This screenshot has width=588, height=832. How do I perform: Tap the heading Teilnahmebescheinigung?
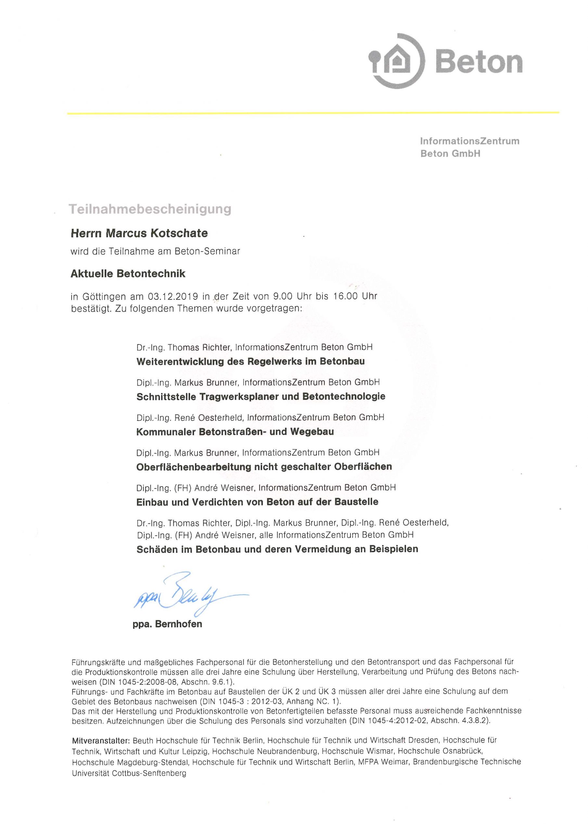click(x=150, y=209)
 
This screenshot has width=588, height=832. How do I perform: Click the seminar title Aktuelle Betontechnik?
click(x=128, y=274)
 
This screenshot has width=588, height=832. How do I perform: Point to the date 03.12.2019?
click(x=173, y=296)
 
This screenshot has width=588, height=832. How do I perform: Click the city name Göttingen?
click(x=104, y=297)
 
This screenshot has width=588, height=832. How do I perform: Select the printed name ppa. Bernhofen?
click(x=167, y=624)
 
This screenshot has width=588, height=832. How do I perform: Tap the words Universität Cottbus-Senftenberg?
click(x=129, y=773)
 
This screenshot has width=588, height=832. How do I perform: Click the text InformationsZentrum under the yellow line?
click(x=469, y=141)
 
